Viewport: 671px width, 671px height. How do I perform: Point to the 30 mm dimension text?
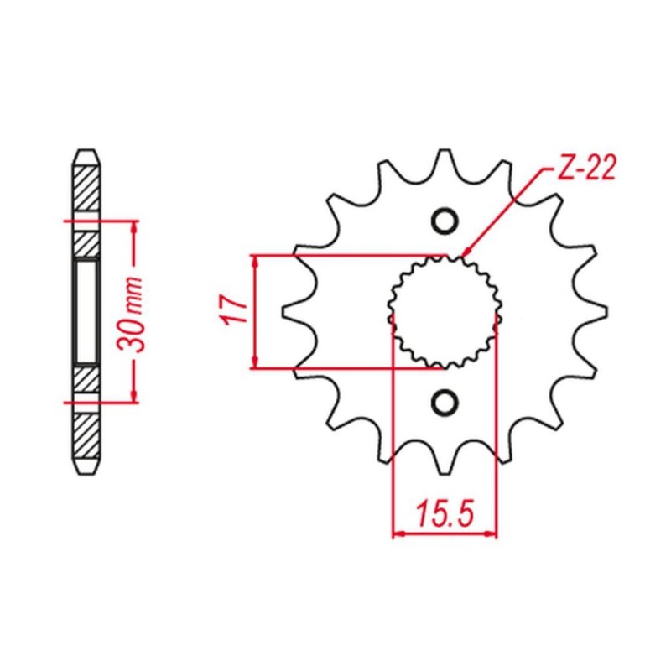tap(130, 314)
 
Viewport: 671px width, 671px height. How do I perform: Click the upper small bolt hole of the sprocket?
tap(445, 221)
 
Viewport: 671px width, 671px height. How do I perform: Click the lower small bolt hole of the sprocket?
tap(445, 403)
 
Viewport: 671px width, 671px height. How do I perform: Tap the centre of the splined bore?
tap(445, 311)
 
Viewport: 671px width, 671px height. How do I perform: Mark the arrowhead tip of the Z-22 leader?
tap(464, 256)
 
